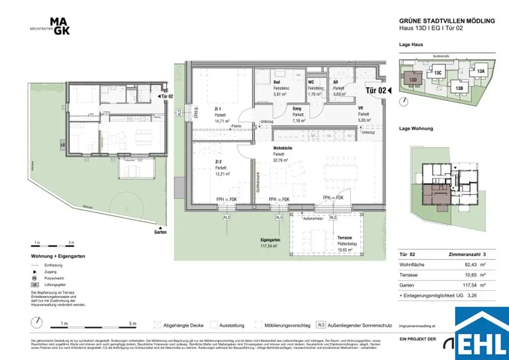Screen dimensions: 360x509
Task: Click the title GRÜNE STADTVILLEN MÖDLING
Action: [447, 21]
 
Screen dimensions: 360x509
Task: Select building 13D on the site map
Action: [413, 79]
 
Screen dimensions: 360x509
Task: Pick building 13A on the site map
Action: [480, 72]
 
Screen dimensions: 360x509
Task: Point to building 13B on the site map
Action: [459, 88]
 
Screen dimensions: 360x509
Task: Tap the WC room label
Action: [311, 82]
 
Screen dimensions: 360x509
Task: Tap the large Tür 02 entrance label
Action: [376, 90]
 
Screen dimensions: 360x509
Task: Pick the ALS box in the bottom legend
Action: [321, 325]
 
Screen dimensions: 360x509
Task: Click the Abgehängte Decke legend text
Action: [183, 326]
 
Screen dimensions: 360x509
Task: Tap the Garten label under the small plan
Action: [160, 232]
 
